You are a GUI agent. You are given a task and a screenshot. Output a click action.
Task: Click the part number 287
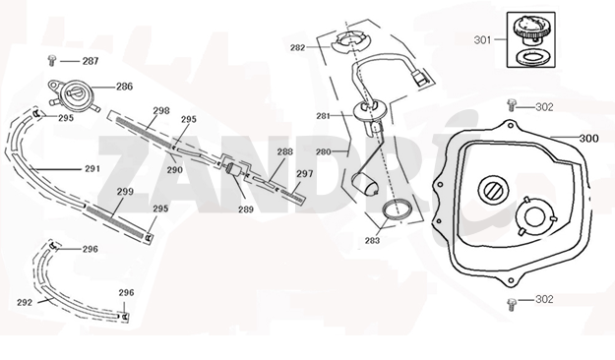(x=91, y=61)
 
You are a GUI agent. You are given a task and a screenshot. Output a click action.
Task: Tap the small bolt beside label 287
(x=51, y=60)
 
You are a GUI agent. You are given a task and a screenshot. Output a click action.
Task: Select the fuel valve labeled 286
(x=74, y=95)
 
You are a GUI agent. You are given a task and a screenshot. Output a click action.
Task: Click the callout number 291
(x=92, y=169)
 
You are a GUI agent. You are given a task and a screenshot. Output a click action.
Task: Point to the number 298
(x=161, y=110)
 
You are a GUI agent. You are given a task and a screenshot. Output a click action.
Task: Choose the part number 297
(x=304, y=174)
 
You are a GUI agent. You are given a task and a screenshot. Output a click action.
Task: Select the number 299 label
(x=125, y=192)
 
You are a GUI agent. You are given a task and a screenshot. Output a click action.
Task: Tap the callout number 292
(x=25, y=302)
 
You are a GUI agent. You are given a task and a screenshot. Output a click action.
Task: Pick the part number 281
(x=323, y=116)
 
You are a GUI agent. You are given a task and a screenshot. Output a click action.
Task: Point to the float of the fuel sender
(x=365, y=184)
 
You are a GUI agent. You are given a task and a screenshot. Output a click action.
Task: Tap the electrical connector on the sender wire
(x=418, y=77)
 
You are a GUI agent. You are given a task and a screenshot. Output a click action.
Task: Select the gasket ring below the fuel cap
(x=531, y=57)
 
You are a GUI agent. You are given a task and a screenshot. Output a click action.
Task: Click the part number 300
(x=589, y=139)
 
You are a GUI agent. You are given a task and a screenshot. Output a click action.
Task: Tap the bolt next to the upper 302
(x=511, y=105)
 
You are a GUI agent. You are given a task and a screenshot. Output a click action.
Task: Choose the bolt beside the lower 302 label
(x=511, y=304)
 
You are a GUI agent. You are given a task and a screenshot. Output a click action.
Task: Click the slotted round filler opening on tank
(x=493, y=190)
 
